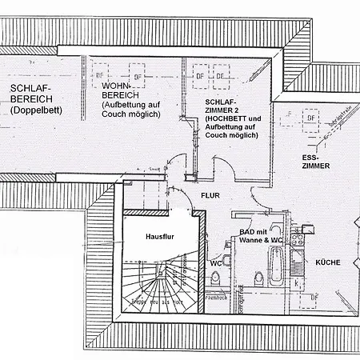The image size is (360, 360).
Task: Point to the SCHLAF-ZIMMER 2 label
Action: [x=220, y=108]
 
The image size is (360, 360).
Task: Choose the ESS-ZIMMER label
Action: [x=315, y=161]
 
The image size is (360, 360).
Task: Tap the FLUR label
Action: [x=210, y=194]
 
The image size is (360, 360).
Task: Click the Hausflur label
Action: [x=159, y=238]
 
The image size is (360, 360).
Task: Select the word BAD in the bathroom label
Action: [x=247, y=231]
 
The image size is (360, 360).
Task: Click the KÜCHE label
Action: [x=329, y=262]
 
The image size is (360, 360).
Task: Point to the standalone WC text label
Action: [x=215, y=262]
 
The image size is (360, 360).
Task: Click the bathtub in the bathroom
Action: [x=276, y=266]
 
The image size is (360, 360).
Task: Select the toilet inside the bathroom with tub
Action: [x=258, y=278]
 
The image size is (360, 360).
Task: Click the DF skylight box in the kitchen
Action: [x=314, y=298]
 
